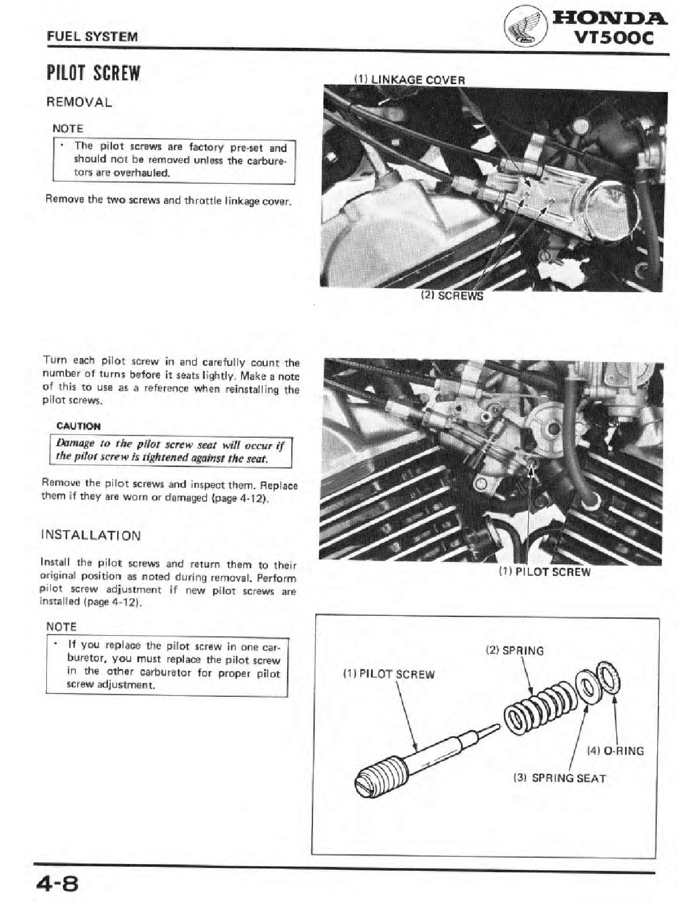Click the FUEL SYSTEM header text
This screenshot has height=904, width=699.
[93, 37]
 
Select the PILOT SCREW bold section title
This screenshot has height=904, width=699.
[93, 74]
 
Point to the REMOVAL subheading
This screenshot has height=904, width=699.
[79, 103]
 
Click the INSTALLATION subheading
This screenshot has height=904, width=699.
[91, 535]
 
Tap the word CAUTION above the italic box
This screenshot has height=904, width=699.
[78, 426]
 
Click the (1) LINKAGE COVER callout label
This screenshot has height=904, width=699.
[409, 80]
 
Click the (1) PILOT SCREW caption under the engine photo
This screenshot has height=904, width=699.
[544, 571]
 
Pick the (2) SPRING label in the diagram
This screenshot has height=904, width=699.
[515, 651]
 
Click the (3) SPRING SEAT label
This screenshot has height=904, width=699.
[559, 778]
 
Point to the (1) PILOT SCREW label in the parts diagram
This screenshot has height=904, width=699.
[388, 674]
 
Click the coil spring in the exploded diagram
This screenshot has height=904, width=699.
[538, 703]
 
